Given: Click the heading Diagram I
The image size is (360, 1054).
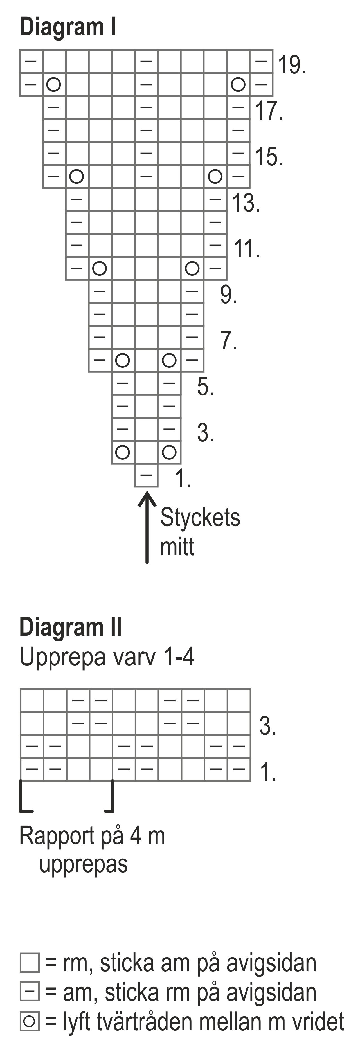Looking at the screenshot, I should [68, 27].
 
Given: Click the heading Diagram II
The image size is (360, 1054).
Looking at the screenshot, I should [70, 627].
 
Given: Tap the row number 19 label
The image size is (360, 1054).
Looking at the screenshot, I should [291, 65].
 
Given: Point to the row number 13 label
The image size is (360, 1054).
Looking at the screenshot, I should [246, 203].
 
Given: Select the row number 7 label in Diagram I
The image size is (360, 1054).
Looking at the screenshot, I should [229, 340].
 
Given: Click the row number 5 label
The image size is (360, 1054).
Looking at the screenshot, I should [205, 387].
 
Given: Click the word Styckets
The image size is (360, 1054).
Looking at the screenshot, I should [200, 517].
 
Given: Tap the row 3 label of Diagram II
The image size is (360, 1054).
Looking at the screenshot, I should [267, 725].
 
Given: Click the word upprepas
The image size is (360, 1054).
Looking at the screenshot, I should [84, 864].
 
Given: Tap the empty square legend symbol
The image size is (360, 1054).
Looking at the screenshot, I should [30, 963].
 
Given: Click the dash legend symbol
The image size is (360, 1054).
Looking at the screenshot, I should [30, 992].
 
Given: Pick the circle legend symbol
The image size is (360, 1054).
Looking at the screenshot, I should [30, 1021].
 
